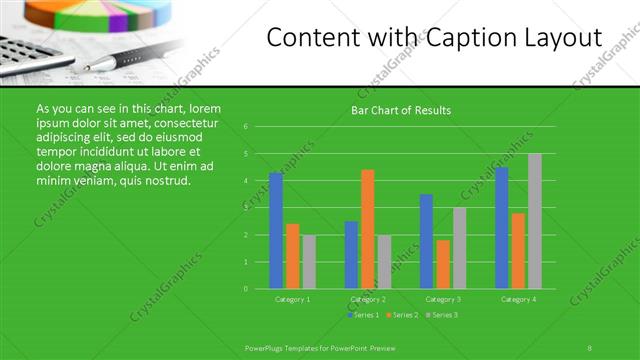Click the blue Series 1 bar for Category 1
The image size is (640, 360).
tap(275, 231)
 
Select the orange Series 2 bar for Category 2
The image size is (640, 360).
tap(368, 229)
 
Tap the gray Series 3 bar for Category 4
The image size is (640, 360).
tap(535, 221)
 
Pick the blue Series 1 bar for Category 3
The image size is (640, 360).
tap(426, 241)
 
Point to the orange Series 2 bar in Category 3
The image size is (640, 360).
tap(443, 264)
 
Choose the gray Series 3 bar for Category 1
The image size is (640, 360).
tap(309, 262)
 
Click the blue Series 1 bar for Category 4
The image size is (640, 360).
tap(501, 228)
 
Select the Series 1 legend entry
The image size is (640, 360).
tap(365, 315)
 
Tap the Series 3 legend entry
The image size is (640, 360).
tap(441, 315)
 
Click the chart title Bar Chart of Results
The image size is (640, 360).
tap(400, 110)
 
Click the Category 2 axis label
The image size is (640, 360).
tap(368, 299)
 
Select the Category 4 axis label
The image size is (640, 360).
tap(518, 299)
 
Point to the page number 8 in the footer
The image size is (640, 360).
tap(590, 347)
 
